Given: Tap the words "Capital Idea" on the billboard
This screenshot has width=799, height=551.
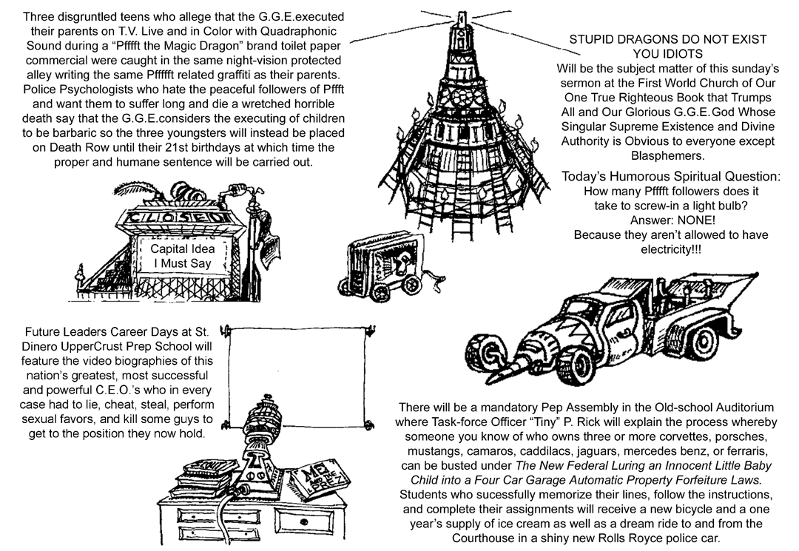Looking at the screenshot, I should (x=182, y=249).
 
